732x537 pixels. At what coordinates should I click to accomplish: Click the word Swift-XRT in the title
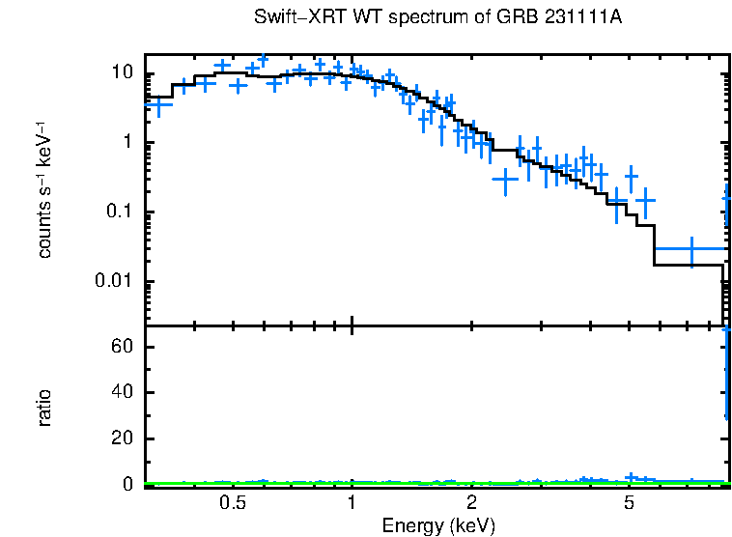(289, 18)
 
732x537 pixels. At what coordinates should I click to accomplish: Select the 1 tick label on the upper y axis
(132, 143)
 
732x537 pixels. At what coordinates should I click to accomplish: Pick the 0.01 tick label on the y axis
(119, 281)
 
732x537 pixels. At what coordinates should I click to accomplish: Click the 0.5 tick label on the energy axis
(232, 503)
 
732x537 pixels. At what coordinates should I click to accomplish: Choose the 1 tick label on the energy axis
(352, 503)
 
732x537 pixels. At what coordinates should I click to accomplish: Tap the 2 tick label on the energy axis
(471, 503)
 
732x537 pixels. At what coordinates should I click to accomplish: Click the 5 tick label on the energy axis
(629, 503)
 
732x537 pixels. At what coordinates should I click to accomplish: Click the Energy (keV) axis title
(438, 525)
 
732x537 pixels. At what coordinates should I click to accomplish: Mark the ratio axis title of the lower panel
(44, 408)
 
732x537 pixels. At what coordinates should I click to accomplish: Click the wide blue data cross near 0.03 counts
(690, 249)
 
